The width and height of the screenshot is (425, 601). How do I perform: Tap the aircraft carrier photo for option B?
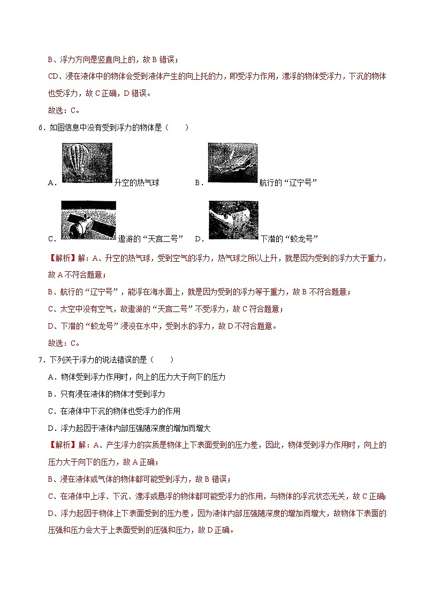232,163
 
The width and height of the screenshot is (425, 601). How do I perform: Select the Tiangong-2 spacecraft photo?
88,220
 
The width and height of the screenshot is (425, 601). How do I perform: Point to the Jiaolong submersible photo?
233,220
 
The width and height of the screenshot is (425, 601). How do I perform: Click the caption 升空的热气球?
137,182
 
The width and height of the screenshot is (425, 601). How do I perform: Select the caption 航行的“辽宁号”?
288,182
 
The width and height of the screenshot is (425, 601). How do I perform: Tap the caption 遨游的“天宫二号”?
143,239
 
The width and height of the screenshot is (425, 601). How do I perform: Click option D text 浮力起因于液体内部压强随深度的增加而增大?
136,428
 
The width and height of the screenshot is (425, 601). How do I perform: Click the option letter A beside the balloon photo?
51,182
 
